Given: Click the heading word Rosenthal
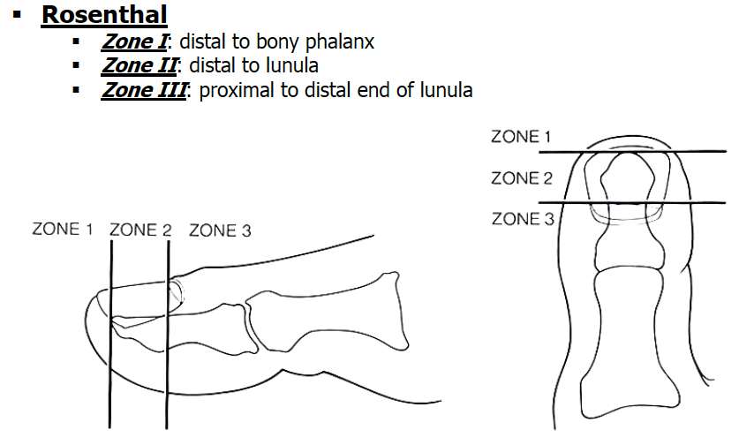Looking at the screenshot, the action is [x=104, y=15].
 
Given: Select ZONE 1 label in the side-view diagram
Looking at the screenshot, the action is [x=63, y=230].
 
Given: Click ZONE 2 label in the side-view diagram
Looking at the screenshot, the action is [x=140, y=230].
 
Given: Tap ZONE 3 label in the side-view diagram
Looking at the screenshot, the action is [x=220, y=230].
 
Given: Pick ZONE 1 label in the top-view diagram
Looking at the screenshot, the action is [x=521, y=137].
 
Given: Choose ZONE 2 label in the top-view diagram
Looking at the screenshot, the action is [x=521, y=178].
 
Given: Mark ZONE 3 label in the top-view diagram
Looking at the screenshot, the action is [x=521, y=219].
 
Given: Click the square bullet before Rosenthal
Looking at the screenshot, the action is [x=17, y=16].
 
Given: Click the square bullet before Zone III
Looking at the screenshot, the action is [x=78, y=90].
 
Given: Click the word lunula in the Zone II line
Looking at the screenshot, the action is [x=293, y=66].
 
